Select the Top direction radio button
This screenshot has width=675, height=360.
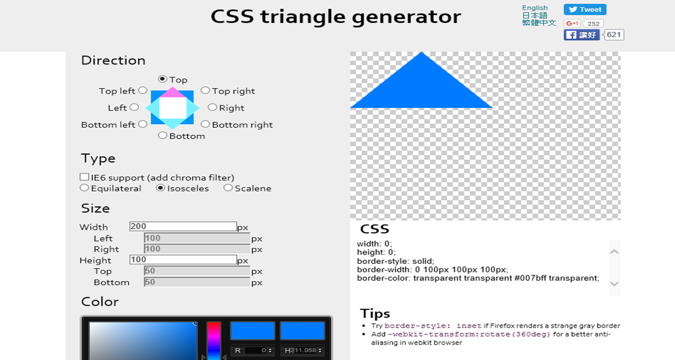click(162, 79)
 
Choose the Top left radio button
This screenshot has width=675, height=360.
click(143, 90)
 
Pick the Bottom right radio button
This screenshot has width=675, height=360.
click(205, 124)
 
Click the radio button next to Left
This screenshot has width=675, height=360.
click(134, 107)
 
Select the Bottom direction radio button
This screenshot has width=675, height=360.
click(162, 135)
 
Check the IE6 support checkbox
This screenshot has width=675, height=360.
click(85, 177)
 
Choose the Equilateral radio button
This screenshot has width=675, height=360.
click(85, 188)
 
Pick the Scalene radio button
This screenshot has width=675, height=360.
click(228, 188)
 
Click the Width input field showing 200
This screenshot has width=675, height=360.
click(183, 227)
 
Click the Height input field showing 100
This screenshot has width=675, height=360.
click(183, 260)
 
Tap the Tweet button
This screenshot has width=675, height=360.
click(585, 9)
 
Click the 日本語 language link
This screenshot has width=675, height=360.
click(534, 15)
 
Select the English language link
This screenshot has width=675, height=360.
click(535, 8)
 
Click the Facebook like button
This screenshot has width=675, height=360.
click(582, 35)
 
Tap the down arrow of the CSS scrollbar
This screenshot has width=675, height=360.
click(614, 284)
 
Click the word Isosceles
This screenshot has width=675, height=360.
click(188, 189)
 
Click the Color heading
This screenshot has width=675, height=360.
click(100, 302)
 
